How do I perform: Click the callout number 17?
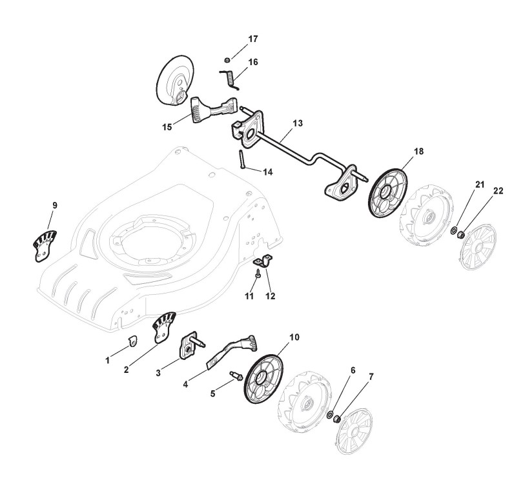tap(252, 39)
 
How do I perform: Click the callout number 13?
tap(297, 123)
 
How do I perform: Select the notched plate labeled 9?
tap(45, 245)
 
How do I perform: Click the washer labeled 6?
tap(330, 414)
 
